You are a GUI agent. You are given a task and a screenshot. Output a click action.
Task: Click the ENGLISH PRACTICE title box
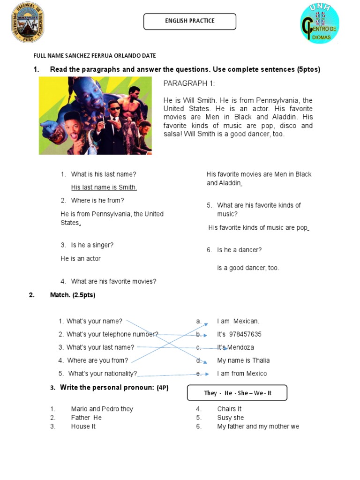pyautogui.click(x=189, y=21)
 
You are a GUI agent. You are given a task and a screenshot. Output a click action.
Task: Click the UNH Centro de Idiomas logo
pyautogui.click(x=320, y=24)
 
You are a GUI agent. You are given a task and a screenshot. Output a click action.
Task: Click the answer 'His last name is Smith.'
pyautogui.click(x=104, y=187)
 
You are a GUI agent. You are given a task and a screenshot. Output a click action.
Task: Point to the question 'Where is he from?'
pyautogui.click(x=97, y=201)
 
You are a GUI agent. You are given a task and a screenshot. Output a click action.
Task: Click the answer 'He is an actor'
pyautogui.click(x=81, y=259)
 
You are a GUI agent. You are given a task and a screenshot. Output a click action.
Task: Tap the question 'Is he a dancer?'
pyautogui.click(x=239, y=250)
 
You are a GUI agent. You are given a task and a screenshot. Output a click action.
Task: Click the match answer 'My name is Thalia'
pyautogui.click(x=243, y=360)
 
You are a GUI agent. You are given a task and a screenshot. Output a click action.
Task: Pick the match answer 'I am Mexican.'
pyautogui.click(x=238, y=321)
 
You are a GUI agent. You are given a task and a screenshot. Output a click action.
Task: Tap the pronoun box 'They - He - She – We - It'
pyautogui.click(x=237, y=393)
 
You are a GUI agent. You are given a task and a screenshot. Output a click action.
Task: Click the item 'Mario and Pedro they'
pyautogui.click(x=102, y=409)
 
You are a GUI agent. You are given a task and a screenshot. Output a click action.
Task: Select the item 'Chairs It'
pyautogui.click(x=229, y=409)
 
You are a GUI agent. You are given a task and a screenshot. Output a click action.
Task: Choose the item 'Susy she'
pyautogui.click(x=230, y=418)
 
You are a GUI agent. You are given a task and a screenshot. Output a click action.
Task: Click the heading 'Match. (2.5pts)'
pyautogui.click(x=73, y=295)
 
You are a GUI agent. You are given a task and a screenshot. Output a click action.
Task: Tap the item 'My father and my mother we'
pyautogui.click(x=258, y=427)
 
